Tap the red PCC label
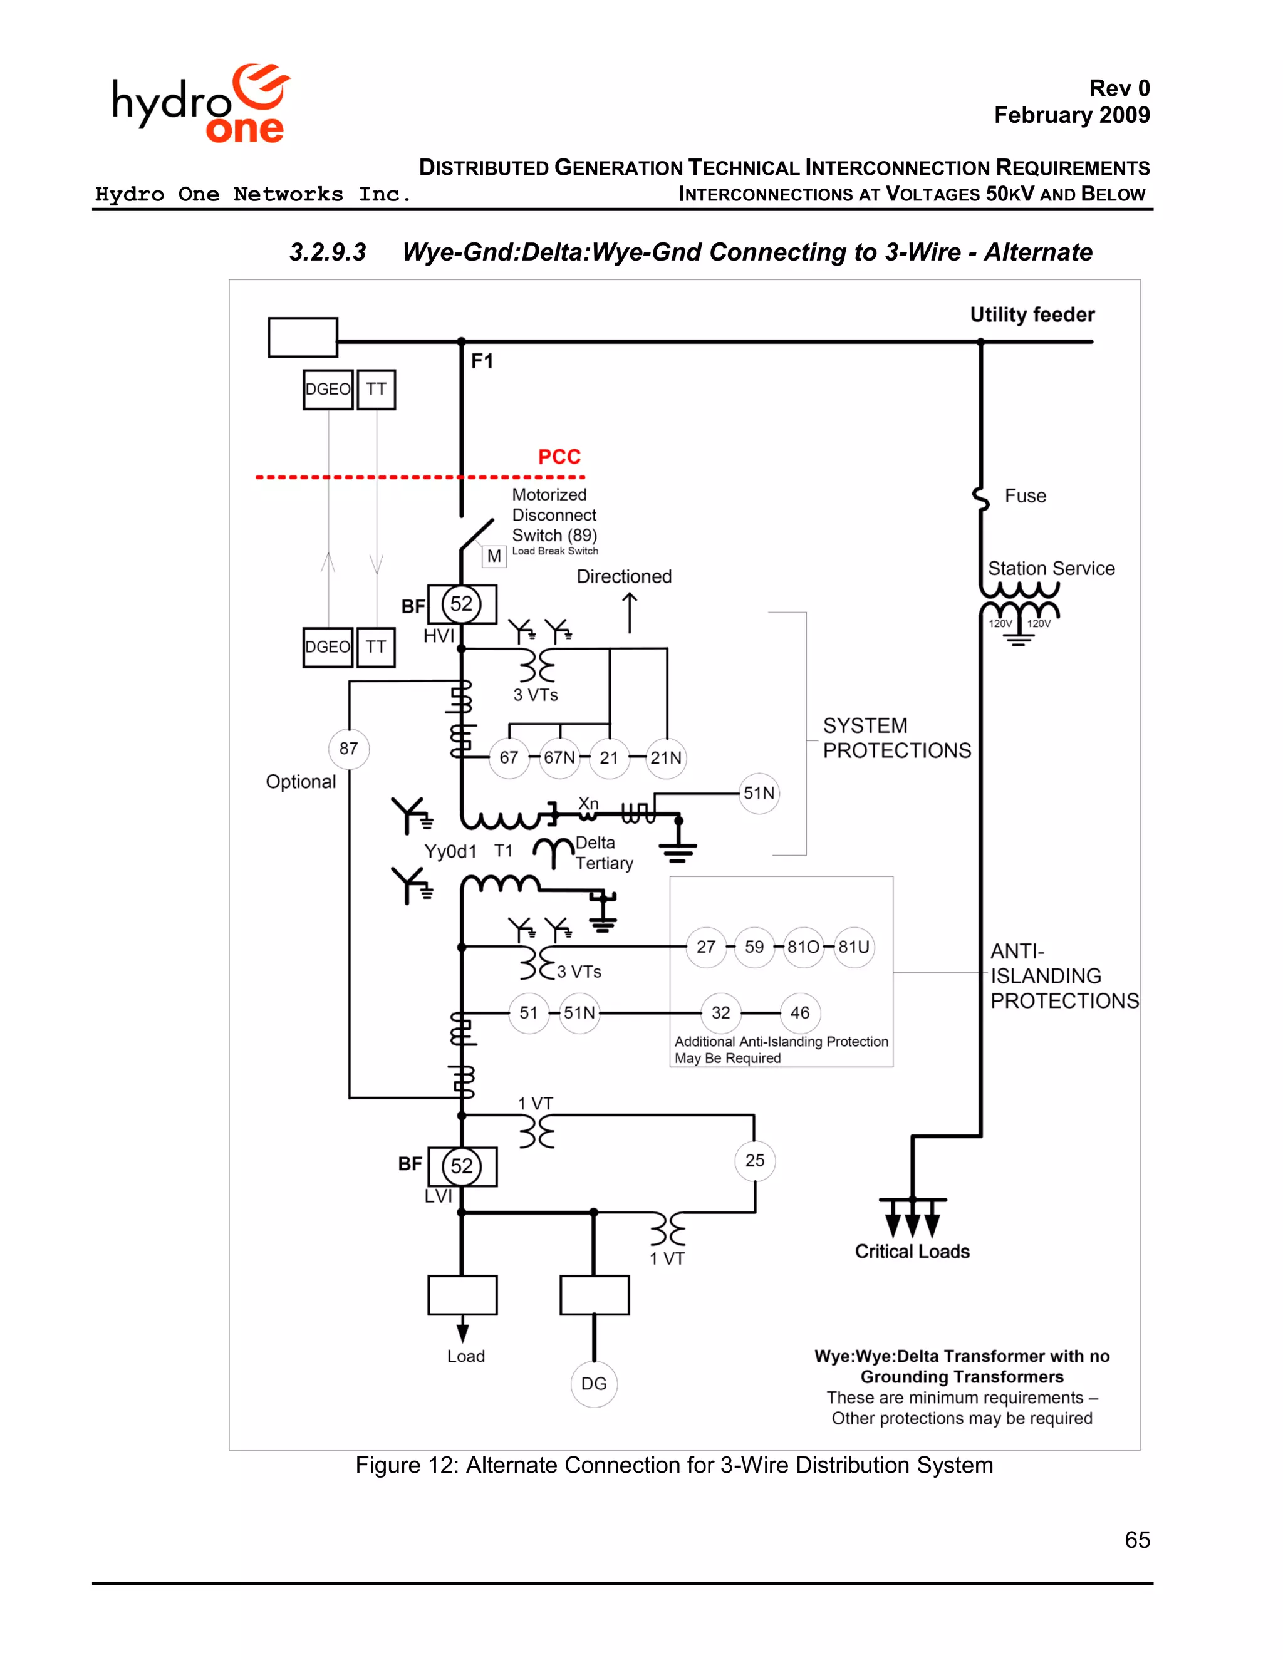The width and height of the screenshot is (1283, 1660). pos(559,457)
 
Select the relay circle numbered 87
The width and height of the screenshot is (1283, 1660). pos(349,749)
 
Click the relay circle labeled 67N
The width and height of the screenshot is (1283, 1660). pos(559,758)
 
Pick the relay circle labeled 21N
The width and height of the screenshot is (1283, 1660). pos(666,758)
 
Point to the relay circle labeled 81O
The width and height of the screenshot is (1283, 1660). pos(803,947)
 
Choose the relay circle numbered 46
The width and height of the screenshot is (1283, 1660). pos(799,1012)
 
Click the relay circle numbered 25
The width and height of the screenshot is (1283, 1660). pos(755,1161)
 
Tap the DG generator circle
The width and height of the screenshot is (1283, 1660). pos(594,1383)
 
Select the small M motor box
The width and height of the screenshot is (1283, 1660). pos(494,556)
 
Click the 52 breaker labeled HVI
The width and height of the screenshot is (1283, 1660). pos(461,604)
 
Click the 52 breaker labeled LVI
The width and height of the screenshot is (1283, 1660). pos(461,1166)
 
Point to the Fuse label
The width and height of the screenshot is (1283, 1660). pos(1026,496)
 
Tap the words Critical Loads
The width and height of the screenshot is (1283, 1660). pos(912,1252)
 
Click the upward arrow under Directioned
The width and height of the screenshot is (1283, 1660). pos(630,613)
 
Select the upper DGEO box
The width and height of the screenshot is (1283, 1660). pos(328,389)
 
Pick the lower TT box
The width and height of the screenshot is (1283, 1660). pos(375,647)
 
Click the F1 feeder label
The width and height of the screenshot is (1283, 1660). pos(482,361)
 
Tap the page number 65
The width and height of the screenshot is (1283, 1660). pos(1137,1540)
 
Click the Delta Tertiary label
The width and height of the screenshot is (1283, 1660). pos(603,853)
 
